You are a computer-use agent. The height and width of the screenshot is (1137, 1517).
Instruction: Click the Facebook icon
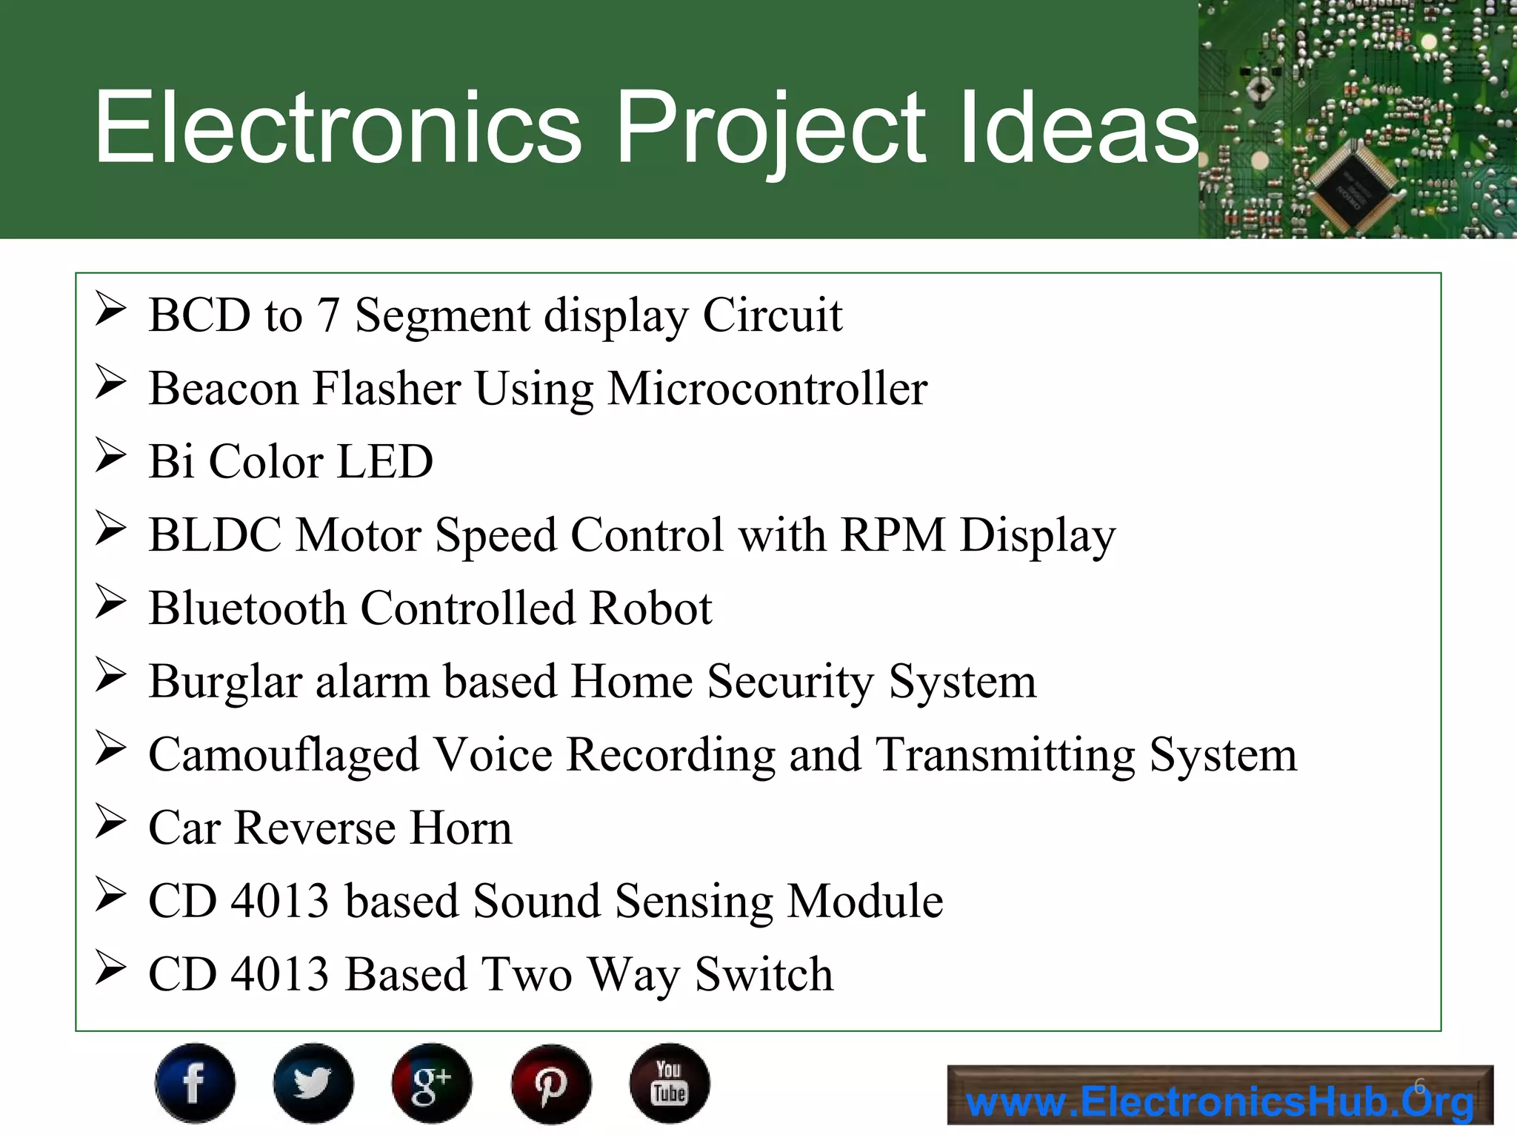(195, 1083)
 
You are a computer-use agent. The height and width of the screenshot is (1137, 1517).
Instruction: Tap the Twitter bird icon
(313, 1083)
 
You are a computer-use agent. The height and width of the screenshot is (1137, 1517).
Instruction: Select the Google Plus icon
(432, 1083)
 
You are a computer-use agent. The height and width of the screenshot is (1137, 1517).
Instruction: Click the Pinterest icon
(550, 1083)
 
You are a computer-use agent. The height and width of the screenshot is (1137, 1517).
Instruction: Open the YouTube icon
(670, 1083)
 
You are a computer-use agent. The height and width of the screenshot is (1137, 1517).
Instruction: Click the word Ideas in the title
(1078, 127)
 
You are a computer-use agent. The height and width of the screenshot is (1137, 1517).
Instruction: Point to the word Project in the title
(770, 127)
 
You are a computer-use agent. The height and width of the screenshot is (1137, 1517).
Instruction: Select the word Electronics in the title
(339, 127)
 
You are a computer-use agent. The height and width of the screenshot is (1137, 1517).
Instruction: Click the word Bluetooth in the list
(247, 608)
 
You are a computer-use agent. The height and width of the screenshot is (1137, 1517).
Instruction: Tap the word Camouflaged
(284, 755)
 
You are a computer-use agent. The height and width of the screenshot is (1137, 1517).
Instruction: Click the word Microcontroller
(767, 389)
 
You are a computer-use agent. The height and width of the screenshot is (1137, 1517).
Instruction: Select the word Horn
(461, 828)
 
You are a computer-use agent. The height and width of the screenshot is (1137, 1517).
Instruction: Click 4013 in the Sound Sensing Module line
(279, 902)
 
